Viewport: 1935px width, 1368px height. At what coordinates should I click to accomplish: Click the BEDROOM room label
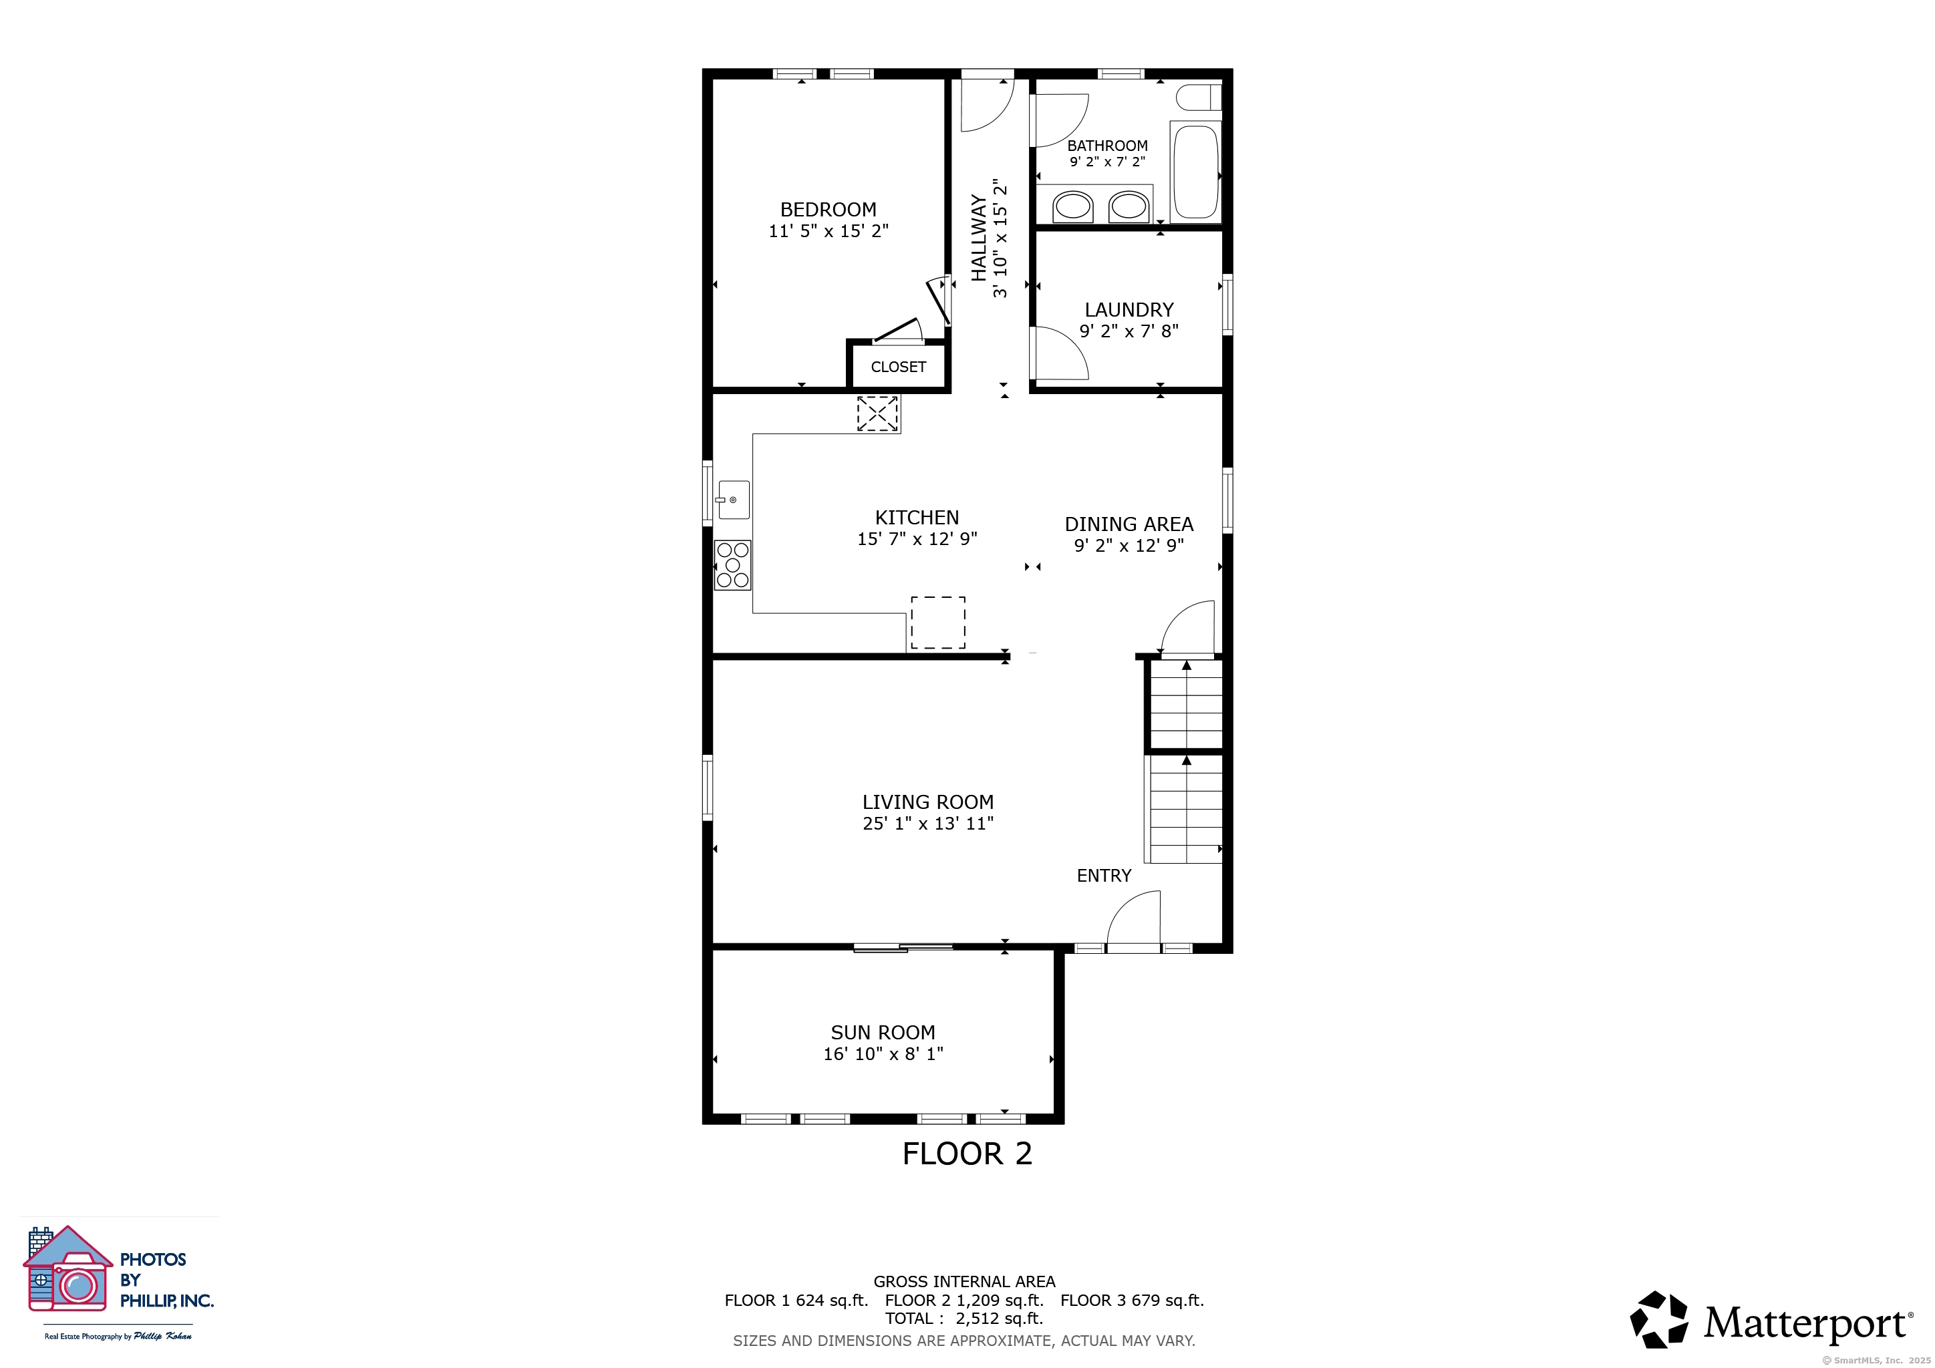[x=828, y=210]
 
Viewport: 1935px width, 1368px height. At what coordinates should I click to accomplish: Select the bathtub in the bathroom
[x=1195, y=171]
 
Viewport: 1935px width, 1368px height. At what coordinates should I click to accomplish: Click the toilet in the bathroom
[x=1197, y=98]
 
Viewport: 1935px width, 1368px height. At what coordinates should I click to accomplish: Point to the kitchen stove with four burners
[x=732, y=565]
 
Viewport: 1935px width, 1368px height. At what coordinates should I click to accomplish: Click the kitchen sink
[x=733, y=500]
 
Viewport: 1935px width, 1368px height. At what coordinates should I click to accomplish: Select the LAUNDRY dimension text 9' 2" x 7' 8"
[x=1129, y=331]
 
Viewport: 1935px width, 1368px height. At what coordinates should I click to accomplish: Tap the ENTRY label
[x=1103, y=876]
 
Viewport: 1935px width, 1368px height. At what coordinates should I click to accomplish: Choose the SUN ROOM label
[x=883, y=1033]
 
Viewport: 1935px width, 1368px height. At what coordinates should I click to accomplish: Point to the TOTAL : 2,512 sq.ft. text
[x=963, y=1319]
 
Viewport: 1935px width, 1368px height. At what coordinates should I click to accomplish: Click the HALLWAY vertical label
[x=978, y=238]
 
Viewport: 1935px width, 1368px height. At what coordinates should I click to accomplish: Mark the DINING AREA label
[x=1129, y=524]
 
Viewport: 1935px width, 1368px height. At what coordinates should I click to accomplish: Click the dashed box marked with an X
[x=877, y=413]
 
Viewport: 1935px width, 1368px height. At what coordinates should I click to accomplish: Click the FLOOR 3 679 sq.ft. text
[x=1132, y=1301]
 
